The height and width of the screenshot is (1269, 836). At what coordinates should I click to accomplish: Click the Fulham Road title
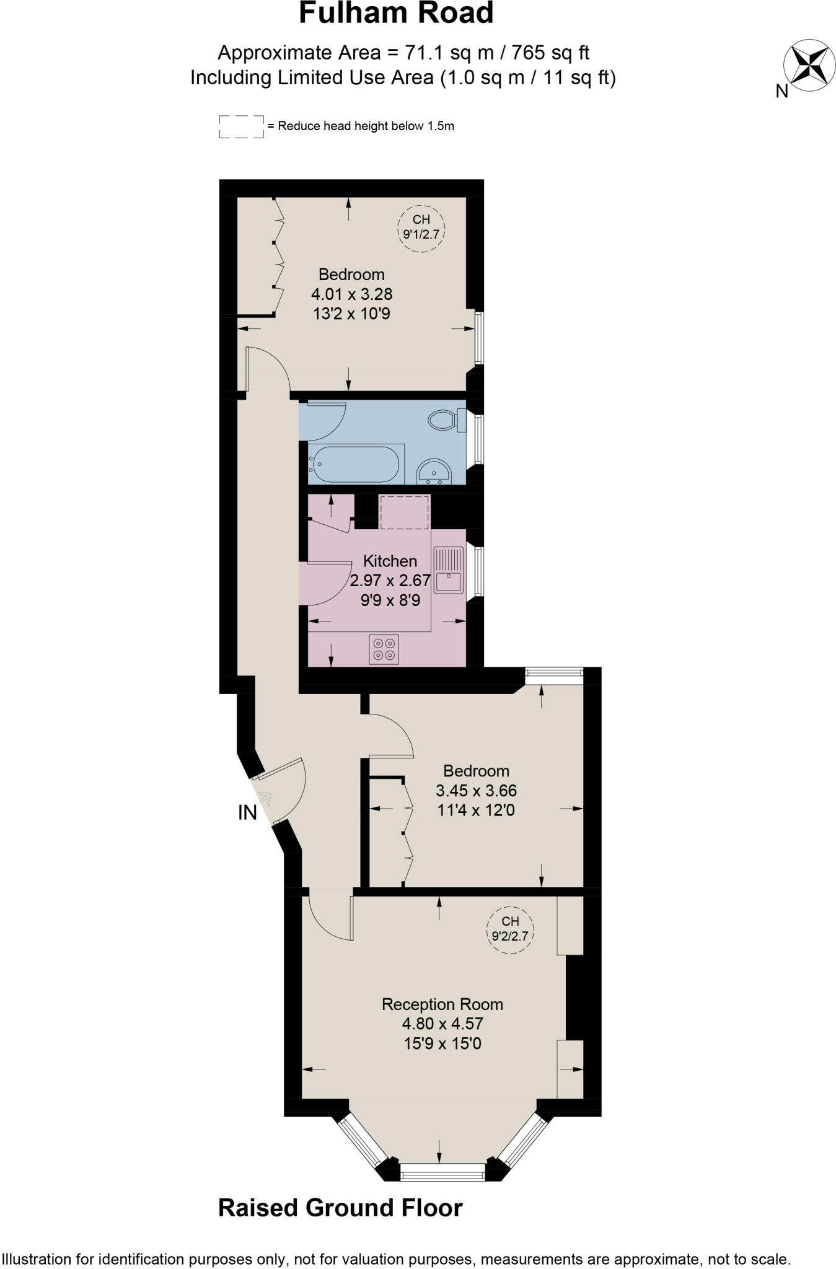(x=396, y=14)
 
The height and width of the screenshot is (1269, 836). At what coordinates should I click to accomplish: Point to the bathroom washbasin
(x=434, y=472)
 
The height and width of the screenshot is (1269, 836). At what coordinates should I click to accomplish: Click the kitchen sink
(x=448, y=569)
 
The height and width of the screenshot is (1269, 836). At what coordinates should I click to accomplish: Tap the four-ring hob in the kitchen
(x=384, y=649)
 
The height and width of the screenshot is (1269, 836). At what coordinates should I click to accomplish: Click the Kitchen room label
(x=390, y=561)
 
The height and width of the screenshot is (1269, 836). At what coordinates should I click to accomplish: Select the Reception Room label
(x=442, y=1004)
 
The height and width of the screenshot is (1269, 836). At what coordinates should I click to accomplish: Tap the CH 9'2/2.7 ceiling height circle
(x=510, y=928)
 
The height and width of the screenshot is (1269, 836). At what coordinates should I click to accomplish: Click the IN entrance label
(x=247, y=813)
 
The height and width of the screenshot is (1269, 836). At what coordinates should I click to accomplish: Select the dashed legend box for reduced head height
(x=241, y=126)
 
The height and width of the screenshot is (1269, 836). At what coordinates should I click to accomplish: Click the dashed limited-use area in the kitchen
(x=404, y=512)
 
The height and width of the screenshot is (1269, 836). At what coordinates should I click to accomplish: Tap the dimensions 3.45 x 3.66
(x=476, y=791)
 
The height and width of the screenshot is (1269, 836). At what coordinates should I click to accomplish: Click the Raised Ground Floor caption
(x=340, y=1208)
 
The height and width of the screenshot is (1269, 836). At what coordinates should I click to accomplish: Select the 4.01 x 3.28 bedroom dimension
(x=351, y=294)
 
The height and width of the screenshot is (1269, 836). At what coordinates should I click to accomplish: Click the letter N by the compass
(x=782, y=92)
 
